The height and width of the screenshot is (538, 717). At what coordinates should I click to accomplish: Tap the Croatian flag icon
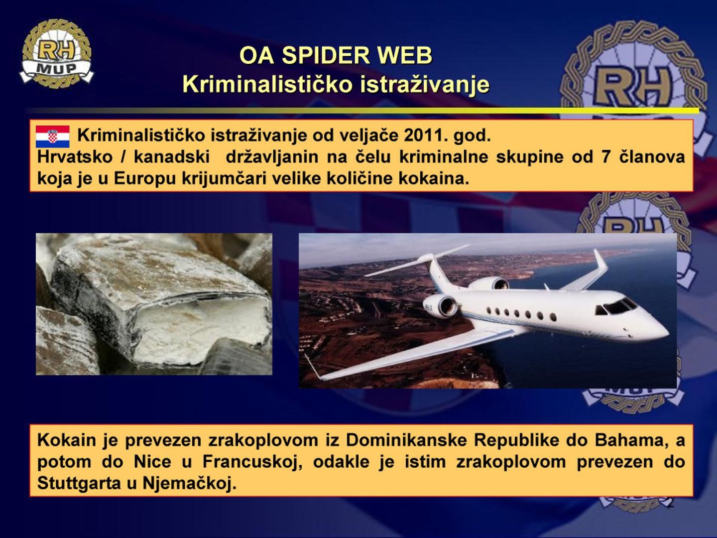[x=52, y=136]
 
